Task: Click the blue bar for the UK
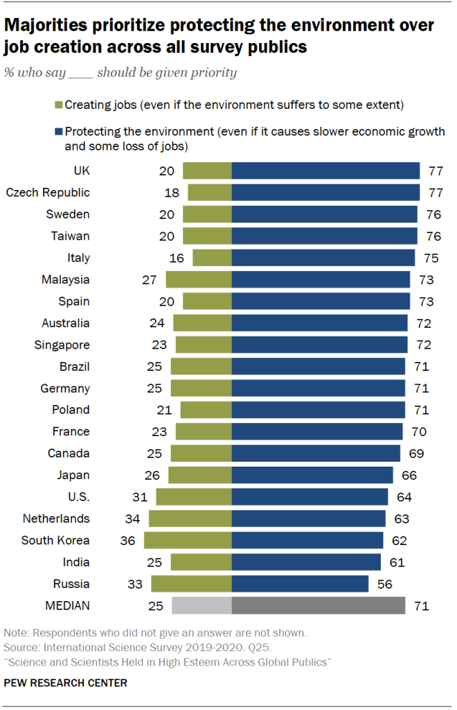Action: click(325, 171)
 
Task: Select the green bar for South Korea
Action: click(188, 540)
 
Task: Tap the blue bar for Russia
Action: click(300, 584)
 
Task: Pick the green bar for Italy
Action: click(212, 258)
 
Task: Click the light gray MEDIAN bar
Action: click(201, 605)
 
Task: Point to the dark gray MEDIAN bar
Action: click(318, 605)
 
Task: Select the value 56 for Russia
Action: click(385, 584)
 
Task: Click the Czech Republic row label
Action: click(48, 193)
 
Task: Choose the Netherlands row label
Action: click(56, 519)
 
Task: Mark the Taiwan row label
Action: click(71, 236)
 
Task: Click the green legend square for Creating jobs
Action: click(58, 105)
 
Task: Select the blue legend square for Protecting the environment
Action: click(58, 131)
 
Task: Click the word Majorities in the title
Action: click(46, 26)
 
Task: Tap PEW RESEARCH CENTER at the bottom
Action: click(66, 683)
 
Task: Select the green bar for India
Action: click(201, 562)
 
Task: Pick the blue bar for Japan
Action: click(312, 475)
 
